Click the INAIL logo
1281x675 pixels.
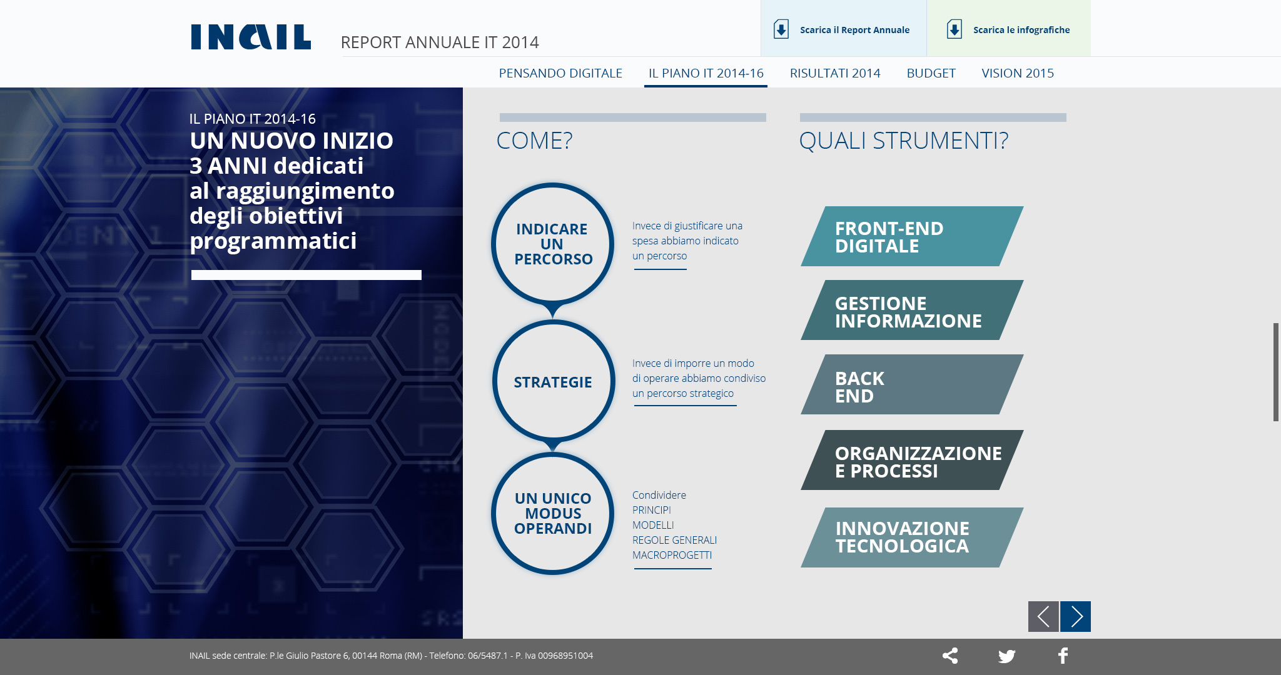pos(251,37)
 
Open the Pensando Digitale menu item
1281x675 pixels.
pos(560,73)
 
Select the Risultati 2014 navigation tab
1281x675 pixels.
pos(835,73)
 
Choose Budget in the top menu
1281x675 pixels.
pos(931,73)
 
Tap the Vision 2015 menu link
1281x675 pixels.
pos(1018,73)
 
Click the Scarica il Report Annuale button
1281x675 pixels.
pos(843,29)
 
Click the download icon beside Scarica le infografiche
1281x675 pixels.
pos(954,29)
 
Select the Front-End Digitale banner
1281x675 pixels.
pos(912,236)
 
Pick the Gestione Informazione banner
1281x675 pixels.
pos(912,310)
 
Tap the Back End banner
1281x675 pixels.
pos(912,384)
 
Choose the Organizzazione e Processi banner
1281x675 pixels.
pos(912,460)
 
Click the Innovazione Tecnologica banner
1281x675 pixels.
pos(912,537)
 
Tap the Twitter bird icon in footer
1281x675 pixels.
pos(1006,656)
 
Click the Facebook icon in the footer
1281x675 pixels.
pos(1063,656)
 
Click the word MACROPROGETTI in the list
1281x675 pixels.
pos(672,555)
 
